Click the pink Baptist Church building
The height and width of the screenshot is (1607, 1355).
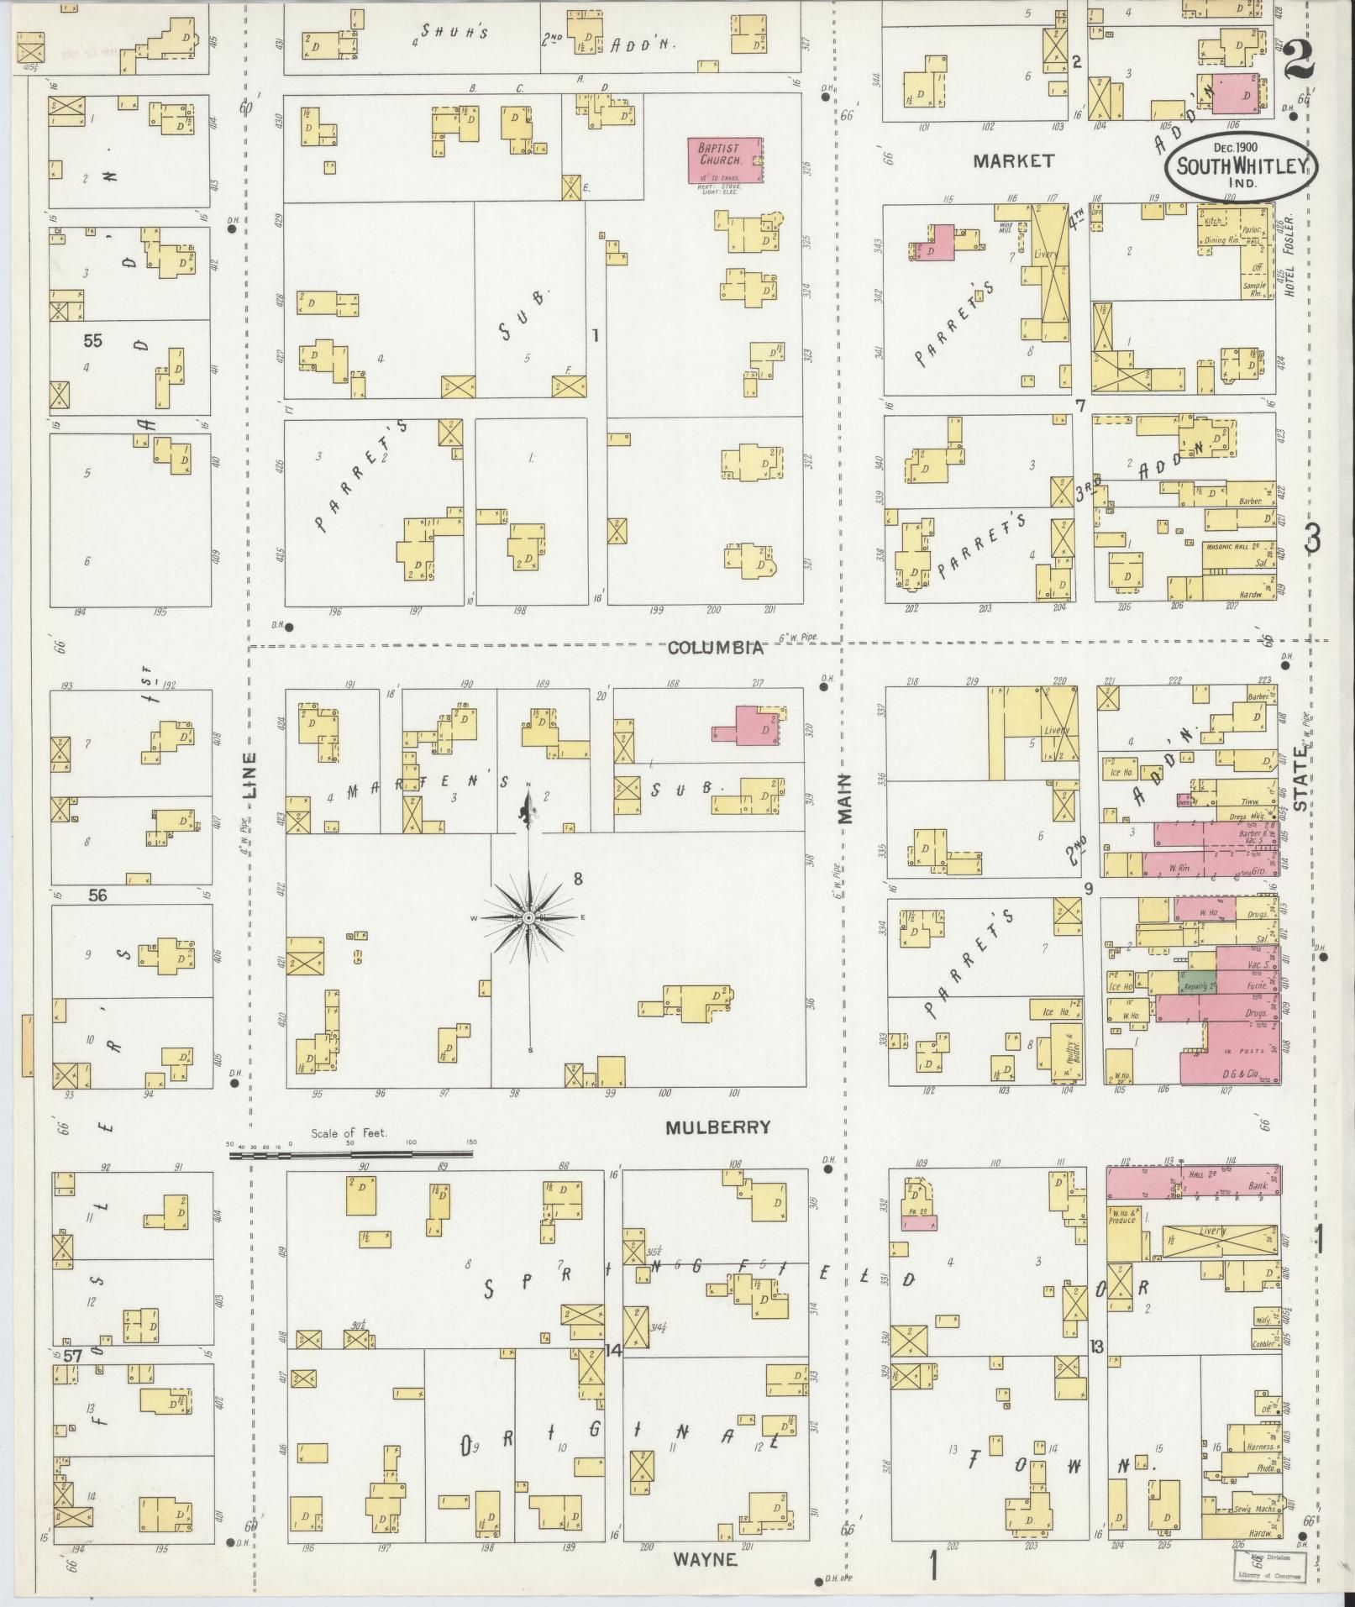(x=724, y=160)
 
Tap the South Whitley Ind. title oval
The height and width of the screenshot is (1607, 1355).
(x=1241, y=165)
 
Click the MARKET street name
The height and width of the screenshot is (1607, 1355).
(x=1013, y=160)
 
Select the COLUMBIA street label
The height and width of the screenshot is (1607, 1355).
(x=717, y=648)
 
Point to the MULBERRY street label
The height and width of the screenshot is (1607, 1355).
(x=717, y=1127)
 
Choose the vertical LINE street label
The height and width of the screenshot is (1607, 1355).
(x=250, y=774)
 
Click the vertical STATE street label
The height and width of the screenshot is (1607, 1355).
(x=1301, y=780)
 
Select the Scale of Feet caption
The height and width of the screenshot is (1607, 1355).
(x=349, y=1133)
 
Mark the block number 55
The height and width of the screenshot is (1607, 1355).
(x=92, y=341)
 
